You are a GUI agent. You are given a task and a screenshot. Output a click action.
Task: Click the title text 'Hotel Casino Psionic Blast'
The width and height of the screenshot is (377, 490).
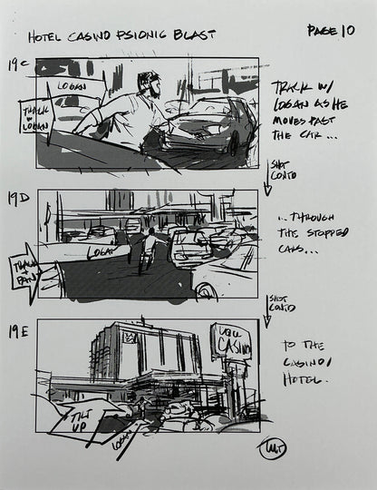121,36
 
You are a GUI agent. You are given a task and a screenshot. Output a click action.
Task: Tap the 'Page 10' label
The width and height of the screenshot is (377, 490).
330,31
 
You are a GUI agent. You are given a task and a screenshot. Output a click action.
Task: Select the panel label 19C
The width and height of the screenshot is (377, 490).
18,65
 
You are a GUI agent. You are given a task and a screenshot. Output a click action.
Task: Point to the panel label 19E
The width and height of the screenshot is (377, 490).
19,332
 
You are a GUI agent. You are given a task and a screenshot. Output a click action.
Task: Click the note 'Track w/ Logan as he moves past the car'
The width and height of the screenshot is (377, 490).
308,110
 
